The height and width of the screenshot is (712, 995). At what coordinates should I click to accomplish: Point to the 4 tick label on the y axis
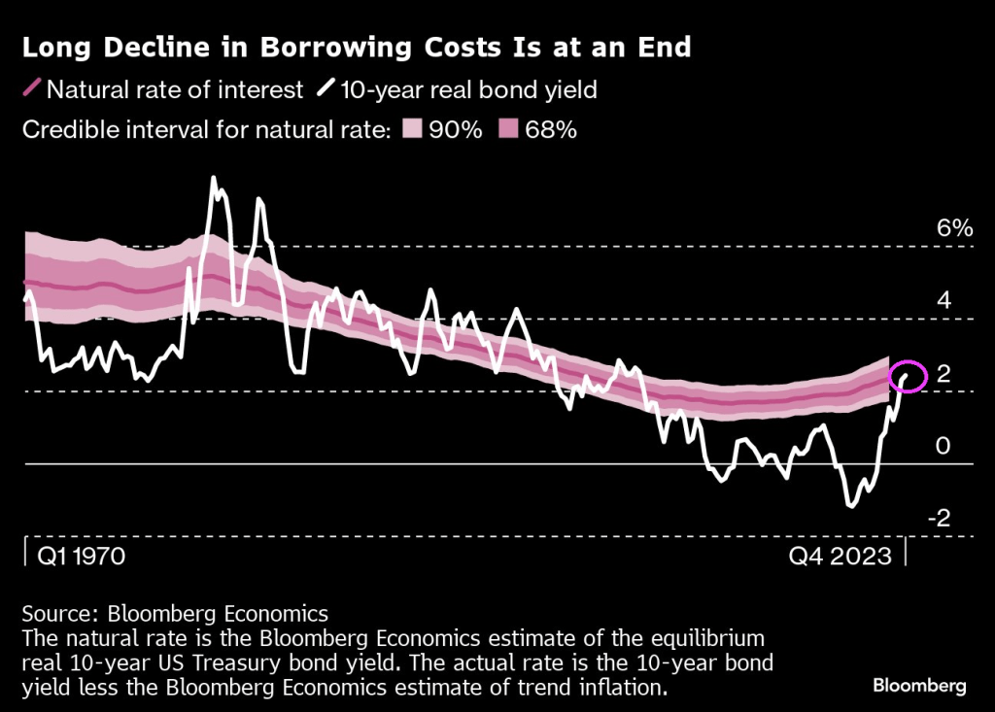[943, 301]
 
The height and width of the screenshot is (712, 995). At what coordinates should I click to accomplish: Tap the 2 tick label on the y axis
[943, 374]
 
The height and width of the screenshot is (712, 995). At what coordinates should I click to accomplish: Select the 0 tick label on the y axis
[943, 446]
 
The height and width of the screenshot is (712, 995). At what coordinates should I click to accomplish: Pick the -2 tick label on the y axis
[938, 518]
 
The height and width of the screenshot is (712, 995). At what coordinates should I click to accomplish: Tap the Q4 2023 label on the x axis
[841, 557]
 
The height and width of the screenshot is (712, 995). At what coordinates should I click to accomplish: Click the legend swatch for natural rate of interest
[30, 90]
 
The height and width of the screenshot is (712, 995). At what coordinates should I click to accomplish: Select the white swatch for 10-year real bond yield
[324, 90]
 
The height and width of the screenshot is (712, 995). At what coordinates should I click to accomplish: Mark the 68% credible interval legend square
[507, 129]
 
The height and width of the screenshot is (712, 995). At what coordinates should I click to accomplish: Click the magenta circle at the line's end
[909, 376]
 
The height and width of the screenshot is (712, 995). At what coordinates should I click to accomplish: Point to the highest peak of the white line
[214, 179]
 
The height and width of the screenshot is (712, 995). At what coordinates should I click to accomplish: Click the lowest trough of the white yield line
[851, 505]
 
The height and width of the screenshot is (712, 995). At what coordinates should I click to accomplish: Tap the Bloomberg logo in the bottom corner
[918, 685]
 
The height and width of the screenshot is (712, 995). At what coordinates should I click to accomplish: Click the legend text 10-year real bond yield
[468, 90]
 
